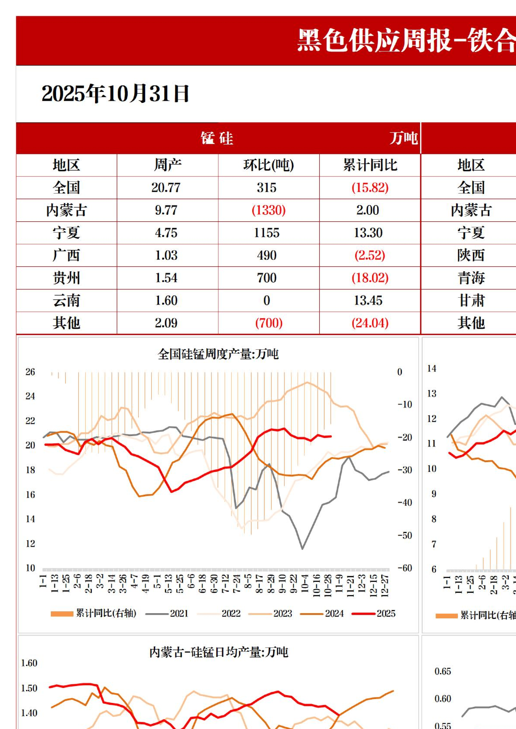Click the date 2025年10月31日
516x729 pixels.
pos(116,94)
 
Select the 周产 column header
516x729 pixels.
pos(167,165)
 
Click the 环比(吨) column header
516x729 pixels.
pos(268,165)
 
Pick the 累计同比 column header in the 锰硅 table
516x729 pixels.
pos(370,165)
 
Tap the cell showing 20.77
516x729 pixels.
pos(166,188)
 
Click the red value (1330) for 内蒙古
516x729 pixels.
pos(268,210)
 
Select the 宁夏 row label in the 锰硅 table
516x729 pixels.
pos(66,233)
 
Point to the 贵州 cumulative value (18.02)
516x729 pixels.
pos(370,278)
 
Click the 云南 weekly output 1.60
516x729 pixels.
pos(166,301)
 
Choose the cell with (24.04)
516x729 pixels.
pos(370,323)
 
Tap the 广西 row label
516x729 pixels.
pos(66,256)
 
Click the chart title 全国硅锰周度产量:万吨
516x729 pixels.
pos(218,355)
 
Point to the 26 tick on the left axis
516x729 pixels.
pos(30,372)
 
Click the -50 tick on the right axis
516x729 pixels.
pos(404,535)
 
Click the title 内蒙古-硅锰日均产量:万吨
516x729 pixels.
pos(218,652)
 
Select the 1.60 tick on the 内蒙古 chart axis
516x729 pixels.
pos(29,663)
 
